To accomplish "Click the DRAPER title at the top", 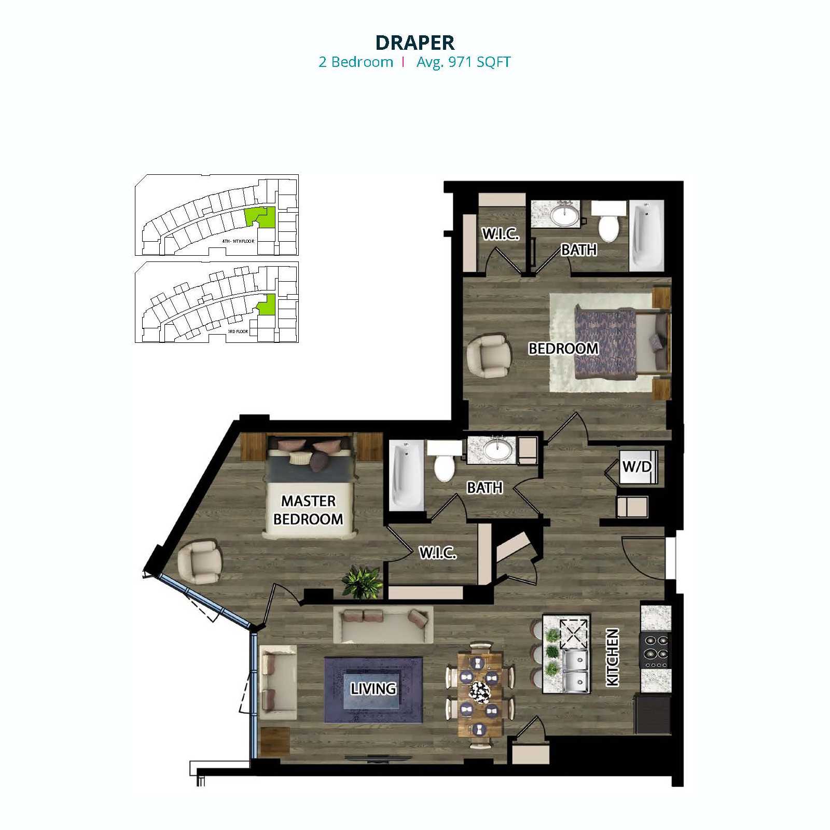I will click(x=414, y=42).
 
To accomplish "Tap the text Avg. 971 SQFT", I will click(x=463, y=62).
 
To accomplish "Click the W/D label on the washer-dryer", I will click(x=637, y=466).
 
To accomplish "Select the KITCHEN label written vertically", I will click(x=613, y=657).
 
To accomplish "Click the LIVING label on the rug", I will click(x=373, y=688).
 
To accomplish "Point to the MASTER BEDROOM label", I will click(x=308, y=510).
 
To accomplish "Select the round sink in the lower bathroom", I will click(x=497, y=450).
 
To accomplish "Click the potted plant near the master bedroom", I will click(x=362, y=582).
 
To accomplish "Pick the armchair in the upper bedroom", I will click(x=488, y=356).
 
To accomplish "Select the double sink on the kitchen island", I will click(x=575, y=672).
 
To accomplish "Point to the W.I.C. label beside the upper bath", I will click(x=500, y=234).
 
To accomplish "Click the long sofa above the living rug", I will click(x=383, y=624).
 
